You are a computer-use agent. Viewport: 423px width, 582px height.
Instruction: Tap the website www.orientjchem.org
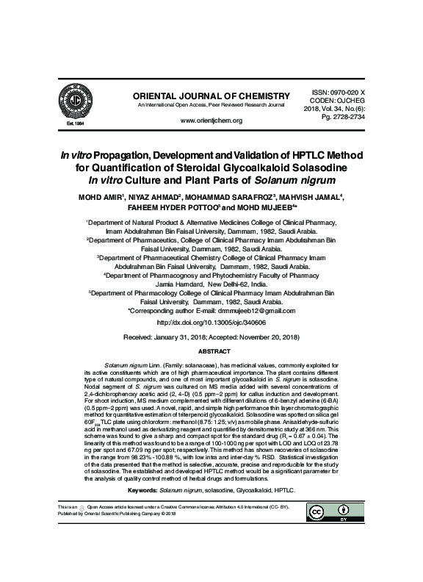(x=211, y=120)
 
